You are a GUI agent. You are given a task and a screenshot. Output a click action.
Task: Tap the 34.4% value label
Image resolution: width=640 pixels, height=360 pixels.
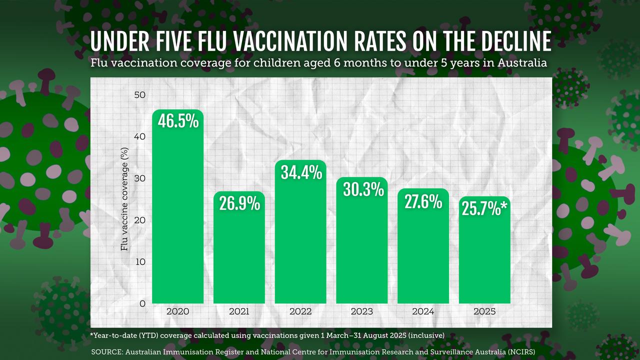pos(300,172)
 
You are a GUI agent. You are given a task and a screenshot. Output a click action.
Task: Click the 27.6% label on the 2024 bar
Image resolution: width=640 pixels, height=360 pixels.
pos(423,201)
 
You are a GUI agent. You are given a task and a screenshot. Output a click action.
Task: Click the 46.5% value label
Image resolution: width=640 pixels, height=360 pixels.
pos(178,121)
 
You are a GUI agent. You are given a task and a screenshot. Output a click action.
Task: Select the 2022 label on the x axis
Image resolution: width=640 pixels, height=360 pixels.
pos(300,311)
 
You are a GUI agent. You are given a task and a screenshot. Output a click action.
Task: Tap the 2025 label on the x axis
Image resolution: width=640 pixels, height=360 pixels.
pos(484,311)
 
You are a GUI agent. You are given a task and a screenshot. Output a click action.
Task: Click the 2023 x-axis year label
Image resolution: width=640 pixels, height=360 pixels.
pos(361,311)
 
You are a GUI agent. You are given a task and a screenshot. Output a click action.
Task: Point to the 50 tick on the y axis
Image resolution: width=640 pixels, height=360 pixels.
pos(140,95)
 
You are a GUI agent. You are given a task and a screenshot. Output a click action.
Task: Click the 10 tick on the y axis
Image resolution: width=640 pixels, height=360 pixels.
pos(141,262)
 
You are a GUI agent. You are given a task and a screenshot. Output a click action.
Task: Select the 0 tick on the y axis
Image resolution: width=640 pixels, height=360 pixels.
pos(143,303)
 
